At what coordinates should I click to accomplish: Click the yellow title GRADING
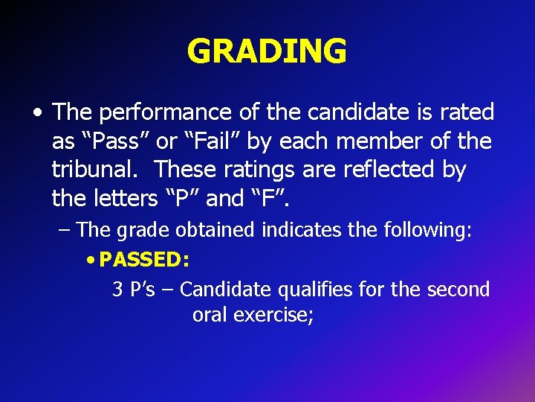coord(267,51)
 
